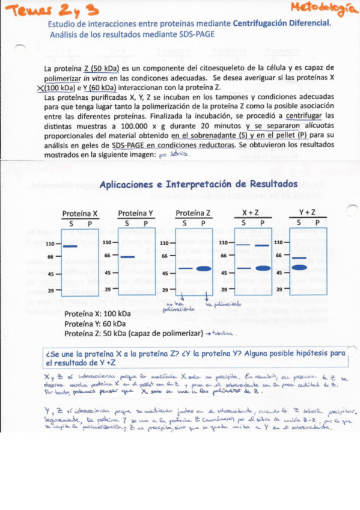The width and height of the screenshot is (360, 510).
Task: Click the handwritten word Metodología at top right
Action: point(322,8)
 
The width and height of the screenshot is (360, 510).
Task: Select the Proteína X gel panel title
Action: point(80,214)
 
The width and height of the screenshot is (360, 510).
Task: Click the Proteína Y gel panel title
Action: point(135,214)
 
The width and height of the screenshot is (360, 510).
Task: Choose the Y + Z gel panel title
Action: point(307,214)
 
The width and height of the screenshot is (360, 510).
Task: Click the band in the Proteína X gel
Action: point(70,247)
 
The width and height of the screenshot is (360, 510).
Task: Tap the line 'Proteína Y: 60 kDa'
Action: point(90,324)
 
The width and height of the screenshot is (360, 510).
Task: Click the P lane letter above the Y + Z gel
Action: point(316,223)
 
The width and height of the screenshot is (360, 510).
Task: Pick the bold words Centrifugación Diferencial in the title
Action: point(281,22)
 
